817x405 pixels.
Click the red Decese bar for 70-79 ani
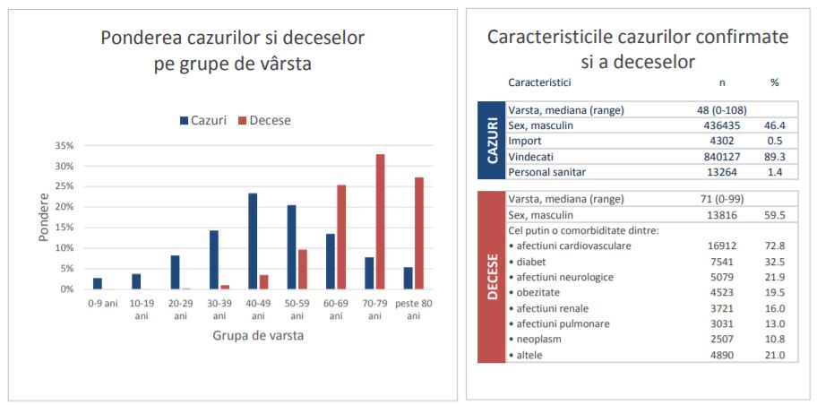click(x=381, y=221)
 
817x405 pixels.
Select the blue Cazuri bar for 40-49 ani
click(x=253, y=241)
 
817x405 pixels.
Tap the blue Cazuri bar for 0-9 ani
click(x=98, y=283)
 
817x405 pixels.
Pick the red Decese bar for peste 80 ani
click(x=419, y=233)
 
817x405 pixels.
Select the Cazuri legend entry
click(x=203, y=120)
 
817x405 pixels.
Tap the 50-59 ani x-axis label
click(x=297, y=309)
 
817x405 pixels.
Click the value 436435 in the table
click(x=722, y=125)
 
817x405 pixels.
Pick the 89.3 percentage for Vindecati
click(x=776, y=156)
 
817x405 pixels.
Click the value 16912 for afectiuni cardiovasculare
click(x=723, y=246)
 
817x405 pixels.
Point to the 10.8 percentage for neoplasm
click(x=776, y=340)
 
